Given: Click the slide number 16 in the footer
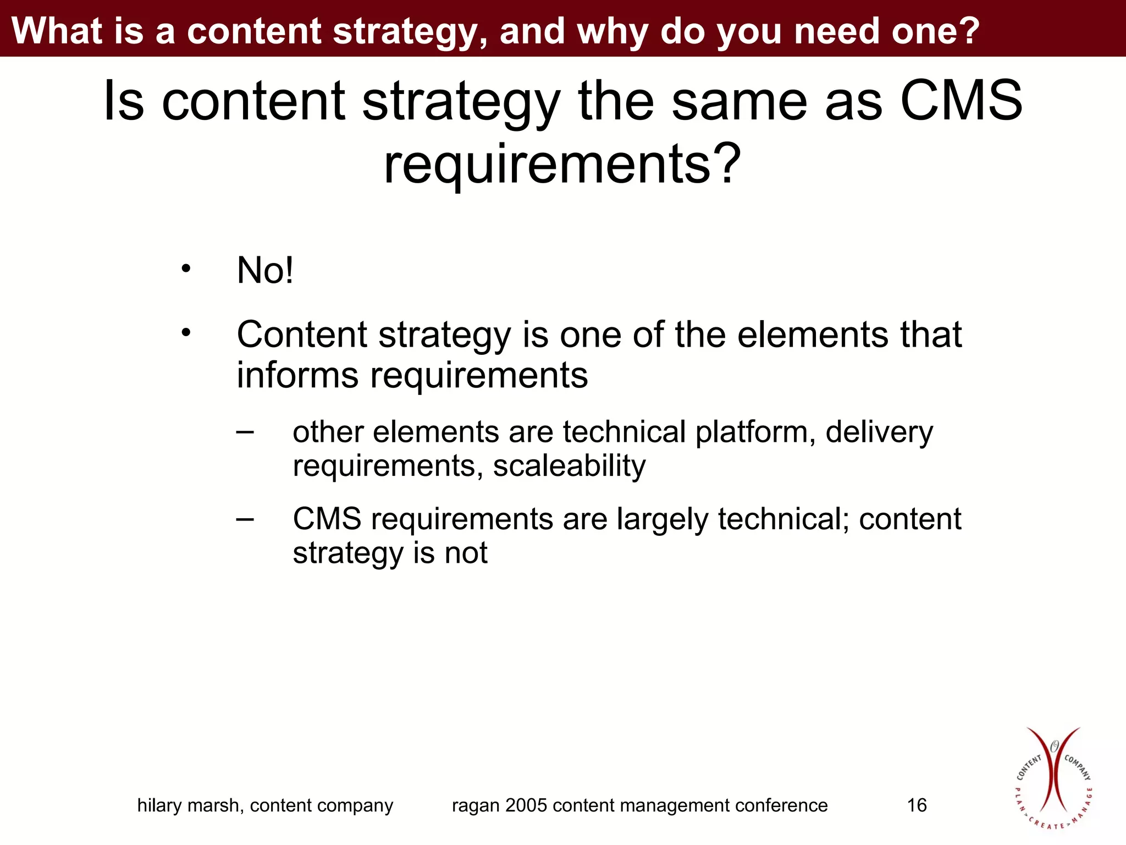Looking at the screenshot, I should (917, 805).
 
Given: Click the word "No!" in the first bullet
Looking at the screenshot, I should (265, 271).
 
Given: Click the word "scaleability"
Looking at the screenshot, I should (569, 465).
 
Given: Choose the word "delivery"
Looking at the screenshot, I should (879, 432).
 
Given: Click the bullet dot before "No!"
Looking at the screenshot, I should (186, 269).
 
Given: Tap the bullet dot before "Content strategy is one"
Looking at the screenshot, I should (186, 332).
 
